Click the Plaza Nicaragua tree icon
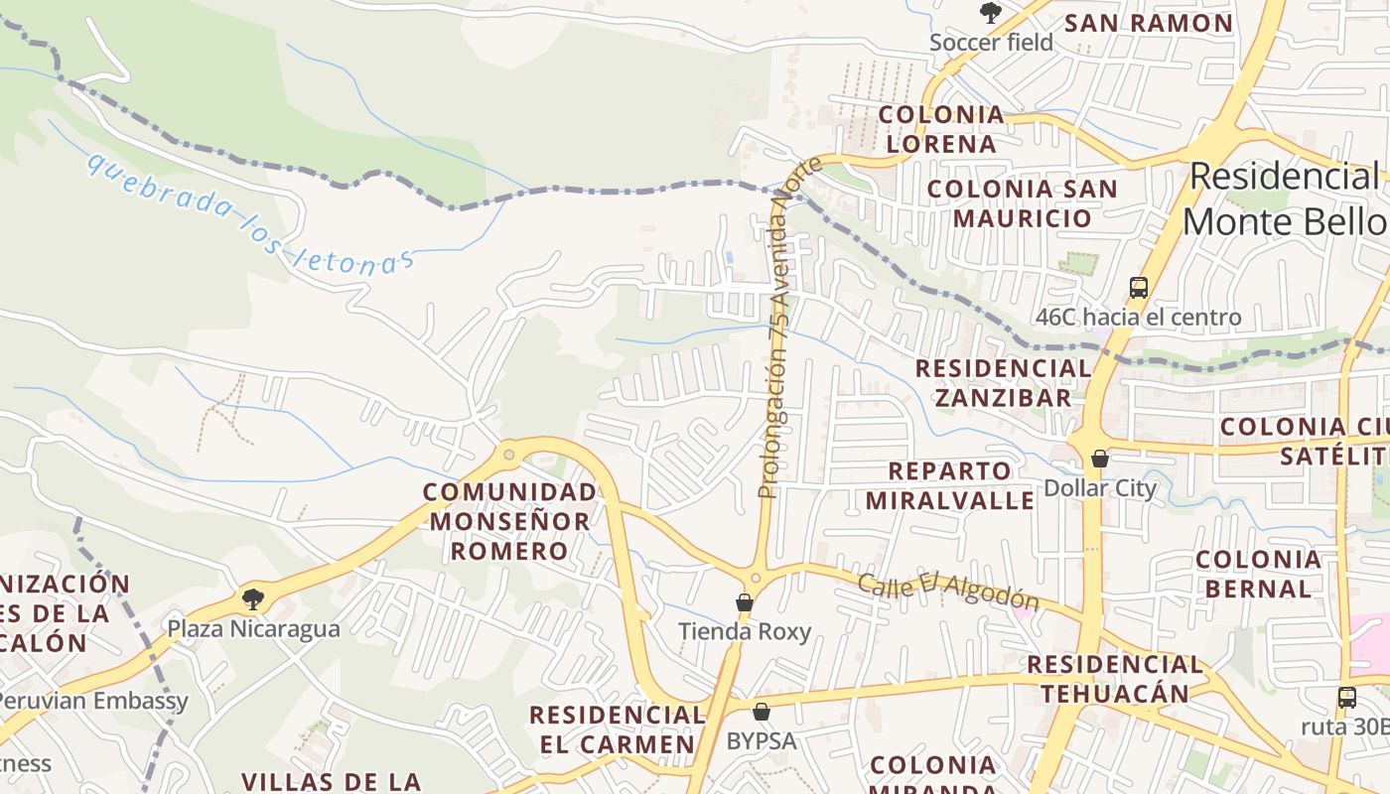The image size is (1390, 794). (253, 598)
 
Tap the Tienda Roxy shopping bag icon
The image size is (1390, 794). (744, 602)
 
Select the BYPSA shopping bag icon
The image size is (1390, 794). (762, 712)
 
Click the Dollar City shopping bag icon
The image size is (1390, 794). (1099, 459)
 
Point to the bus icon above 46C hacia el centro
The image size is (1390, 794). (1138, 288)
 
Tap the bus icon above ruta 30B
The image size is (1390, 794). (1346, 697)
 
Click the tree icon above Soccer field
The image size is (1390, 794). (990, 13)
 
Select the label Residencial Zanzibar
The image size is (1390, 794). (1003, 382)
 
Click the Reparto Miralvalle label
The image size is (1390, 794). (949, 484)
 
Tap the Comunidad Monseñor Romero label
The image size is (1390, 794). (510, 521)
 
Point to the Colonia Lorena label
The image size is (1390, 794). (941, 129)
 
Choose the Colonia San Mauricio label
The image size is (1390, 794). (1022, 202)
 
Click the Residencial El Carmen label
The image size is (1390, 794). (617, 729)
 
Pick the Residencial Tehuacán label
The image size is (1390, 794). (1115, 678)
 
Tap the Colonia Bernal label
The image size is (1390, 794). (1258, 574)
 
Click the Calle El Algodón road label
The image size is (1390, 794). (948, 593)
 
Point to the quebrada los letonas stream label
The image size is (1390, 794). (249, 212)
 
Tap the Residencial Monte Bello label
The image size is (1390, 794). (1287, 198)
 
